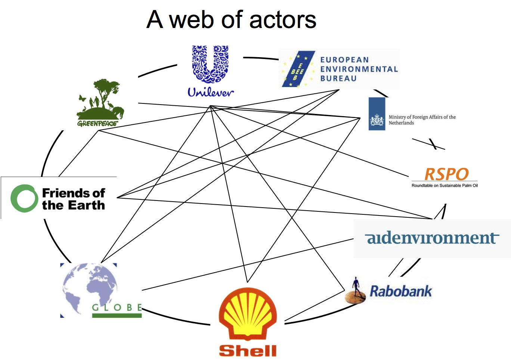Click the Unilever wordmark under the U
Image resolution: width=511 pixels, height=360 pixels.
[x=211, y=92]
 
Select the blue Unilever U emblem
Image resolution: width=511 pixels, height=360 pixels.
[x=210, y=64]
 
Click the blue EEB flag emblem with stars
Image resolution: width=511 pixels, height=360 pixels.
[x=298, y=69]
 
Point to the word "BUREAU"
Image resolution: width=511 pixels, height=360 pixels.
[x=338, y=78]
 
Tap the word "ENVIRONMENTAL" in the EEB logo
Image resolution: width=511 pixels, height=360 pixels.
[x=359, y=69]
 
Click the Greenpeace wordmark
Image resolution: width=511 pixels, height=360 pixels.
[x=97, y=124]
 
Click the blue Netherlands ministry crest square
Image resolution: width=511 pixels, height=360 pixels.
[x=377, y=114]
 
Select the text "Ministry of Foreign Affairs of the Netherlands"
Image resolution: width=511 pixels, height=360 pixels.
[x=422, y=120]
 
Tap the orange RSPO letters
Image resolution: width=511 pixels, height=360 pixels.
[x=446, y=174]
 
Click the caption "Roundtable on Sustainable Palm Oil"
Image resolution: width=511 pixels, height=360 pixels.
[x=445, y=186]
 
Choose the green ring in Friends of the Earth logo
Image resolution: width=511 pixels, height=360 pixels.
[x=24, y=198]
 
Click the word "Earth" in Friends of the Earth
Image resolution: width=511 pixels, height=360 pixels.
[x=86, y=205]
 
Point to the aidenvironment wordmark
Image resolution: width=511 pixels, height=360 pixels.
[x=432, y=238]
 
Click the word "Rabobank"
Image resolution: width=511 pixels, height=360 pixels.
[x=400, y=291]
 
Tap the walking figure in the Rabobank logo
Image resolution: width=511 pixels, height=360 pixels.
[x=356, y=288]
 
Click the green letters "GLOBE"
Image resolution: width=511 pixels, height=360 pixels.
[x=117, y=307]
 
